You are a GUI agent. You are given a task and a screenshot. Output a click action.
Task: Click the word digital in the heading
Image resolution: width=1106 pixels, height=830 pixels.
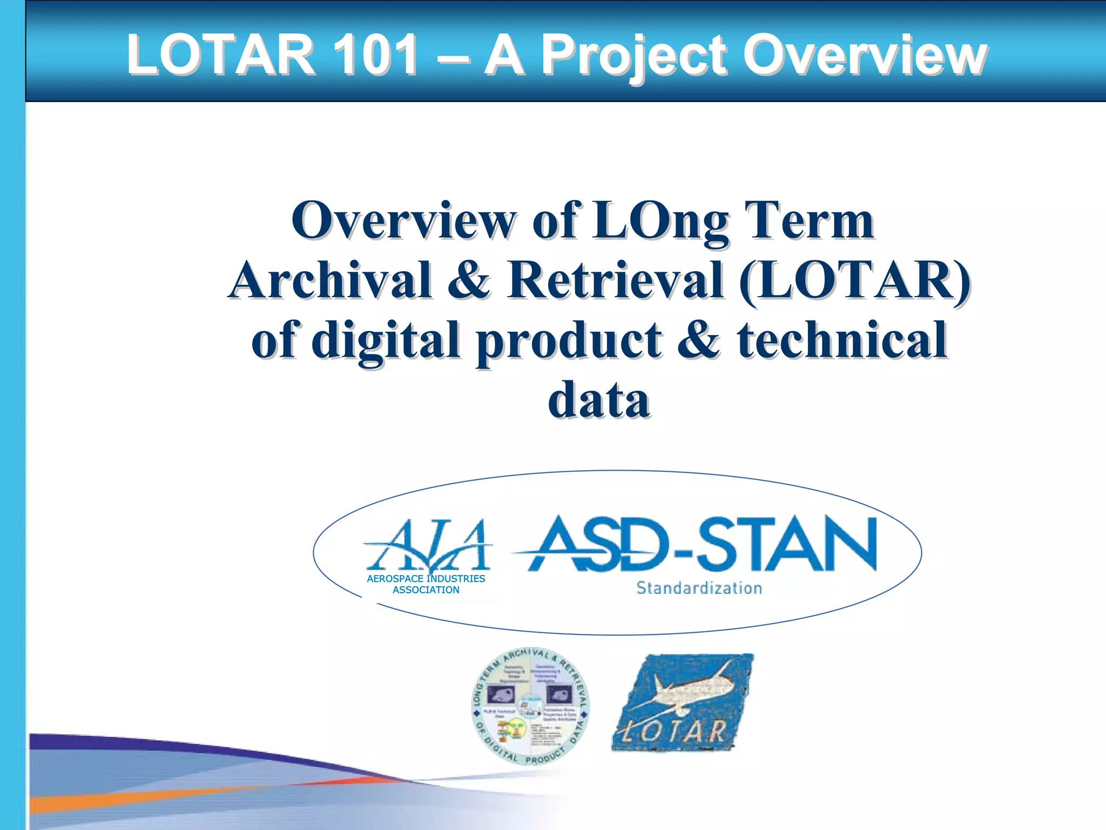tap(386, 340)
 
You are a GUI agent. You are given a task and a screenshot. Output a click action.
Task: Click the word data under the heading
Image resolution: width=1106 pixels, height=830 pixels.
tap(598, 400)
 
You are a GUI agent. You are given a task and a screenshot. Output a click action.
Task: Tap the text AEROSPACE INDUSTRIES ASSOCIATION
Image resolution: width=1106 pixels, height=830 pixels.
tap(426, 584)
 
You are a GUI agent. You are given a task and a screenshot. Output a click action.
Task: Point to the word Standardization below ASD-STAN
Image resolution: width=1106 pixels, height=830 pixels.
tap(699, 588)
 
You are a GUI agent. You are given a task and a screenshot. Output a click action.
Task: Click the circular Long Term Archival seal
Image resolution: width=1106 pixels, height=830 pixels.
tap(530, 706)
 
